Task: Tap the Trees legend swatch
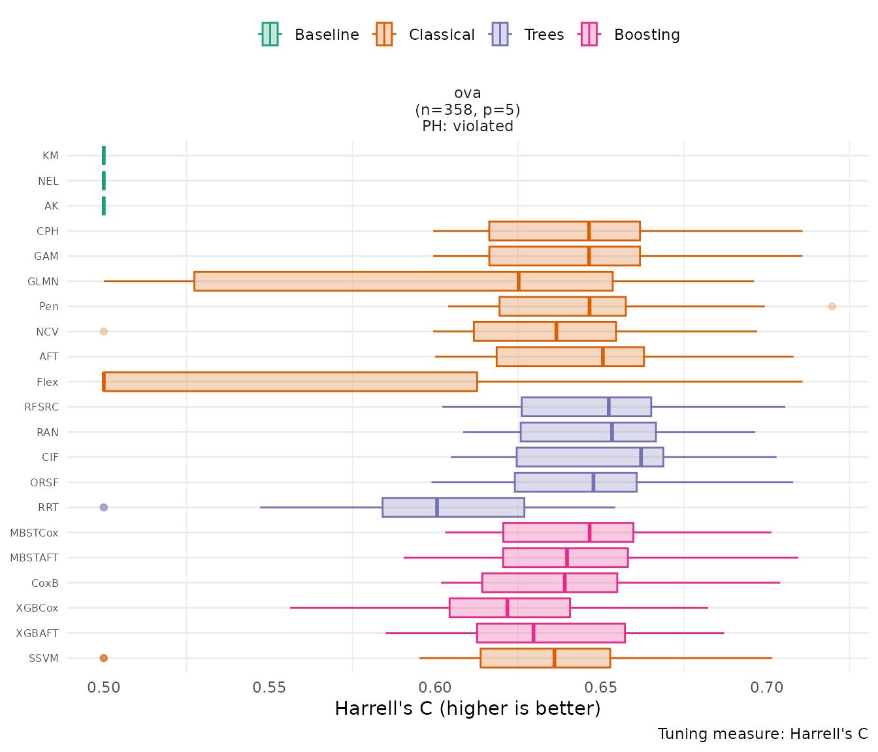[x=500, y=34]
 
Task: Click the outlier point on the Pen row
[x=832, y=306]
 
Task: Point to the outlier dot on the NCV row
[x=103, y=332]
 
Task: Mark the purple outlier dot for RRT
[x=103, y=507]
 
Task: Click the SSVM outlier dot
[x=103, y=658]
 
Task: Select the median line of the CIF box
[x=641, y=457]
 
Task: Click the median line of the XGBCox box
[x=507, y=608]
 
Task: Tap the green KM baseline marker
[x=104, y=155]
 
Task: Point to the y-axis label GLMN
[x=43, y=282]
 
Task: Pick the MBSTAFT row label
[x=34, y=558]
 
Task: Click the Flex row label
[x=48, y=383]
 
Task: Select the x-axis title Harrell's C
[x=467, y=708]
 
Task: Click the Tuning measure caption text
[x=762, y=734]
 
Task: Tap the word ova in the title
[x=468, y=93]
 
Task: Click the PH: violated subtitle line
[x=468, y=126]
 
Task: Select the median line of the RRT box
[x=437, y=507]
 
